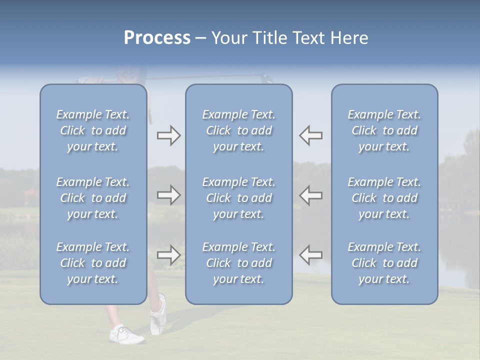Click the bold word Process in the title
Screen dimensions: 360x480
pyautogui.click(x=157, y=38)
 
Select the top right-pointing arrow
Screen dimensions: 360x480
pyautogui.click(x=168, y=135)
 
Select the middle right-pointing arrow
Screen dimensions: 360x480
pyautogui.click(x=168, y=195)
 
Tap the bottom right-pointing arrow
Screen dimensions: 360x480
pyautogui.click(x=168, y=255)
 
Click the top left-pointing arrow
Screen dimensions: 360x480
pyautogui.click(x=311, y=135)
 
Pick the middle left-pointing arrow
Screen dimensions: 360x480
pyautogui.click(x=311, y=195)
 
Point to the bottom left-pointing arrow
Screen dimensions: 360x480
pyautogui.click(x=311, y=255)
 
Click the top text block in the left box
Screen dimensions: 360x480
pyautogui.click(x=93, y=130)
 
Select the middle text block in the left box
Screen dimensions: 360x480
pyautogui.click(x=93, y=198)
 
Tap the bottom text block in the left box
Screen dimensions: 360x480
pyautogui.click(x=93, y=263)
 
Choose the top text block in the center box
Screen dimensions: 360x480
pyautogui.click(x=238, y=130)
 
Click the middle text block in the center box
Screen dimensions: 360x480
pyautogui.click(x=238, y=198)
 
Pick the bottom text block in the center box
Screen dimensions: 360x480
pyautogui.click(x=238, y=263)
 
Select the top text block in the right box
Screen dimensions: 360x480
pyautogui.click(x=384, y=130)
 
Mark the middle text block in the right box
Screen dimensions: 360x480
pyautogui.click(x=384, y=198)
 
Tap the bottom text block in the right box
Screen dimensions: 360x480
pyautogui.click(x=384, y=263)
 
